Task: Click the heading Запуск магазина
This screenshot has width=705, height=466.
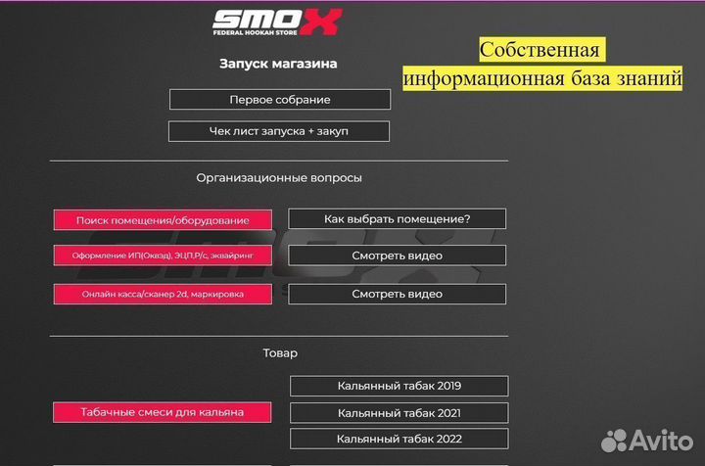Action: click(x=279, y=65)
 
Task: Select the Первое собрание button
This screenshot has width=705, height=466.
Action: click(x=279, y=100)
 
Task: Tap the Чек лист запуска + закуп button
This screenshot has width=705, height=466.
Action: click(x=279, y=131)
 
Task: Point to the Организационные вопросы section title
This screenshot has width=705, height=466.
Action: click(x=279, y=178)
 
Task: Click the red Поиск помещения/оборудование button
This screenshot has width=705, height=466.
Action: click(x=163, y=220)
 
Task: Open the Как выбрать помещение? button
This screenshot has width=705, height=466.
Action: click(x=397, y=219)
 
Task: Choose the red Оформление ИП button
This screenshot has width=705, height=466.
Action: click(x=163, y=256)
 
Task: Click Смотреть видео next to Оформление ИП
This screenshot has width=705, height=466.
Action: click(x=397, y=256)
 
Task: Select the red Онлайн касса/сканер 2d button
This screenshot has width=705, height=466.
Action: click(x=163, y=294)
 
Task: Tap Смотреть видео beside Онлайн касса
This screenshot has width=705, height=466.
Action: click(x=397, y=294)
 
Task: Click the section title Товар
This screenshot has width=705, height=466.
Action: click(x=280, y=352)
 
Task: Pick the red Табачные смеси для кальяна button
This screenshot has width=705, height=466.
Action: click(x=163, y=412)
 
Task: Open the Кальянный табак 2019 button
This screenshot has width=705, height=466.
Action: click(x=399, y=387)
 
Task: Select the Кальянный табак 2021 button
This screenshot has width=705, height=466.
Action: click(x=399, y=413)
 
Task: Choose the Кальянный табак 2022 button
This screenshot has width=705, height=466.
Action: click(x=399, y=440)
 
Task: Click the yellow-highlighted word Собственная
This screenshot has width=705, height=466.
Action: click(x=542, y=50)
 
